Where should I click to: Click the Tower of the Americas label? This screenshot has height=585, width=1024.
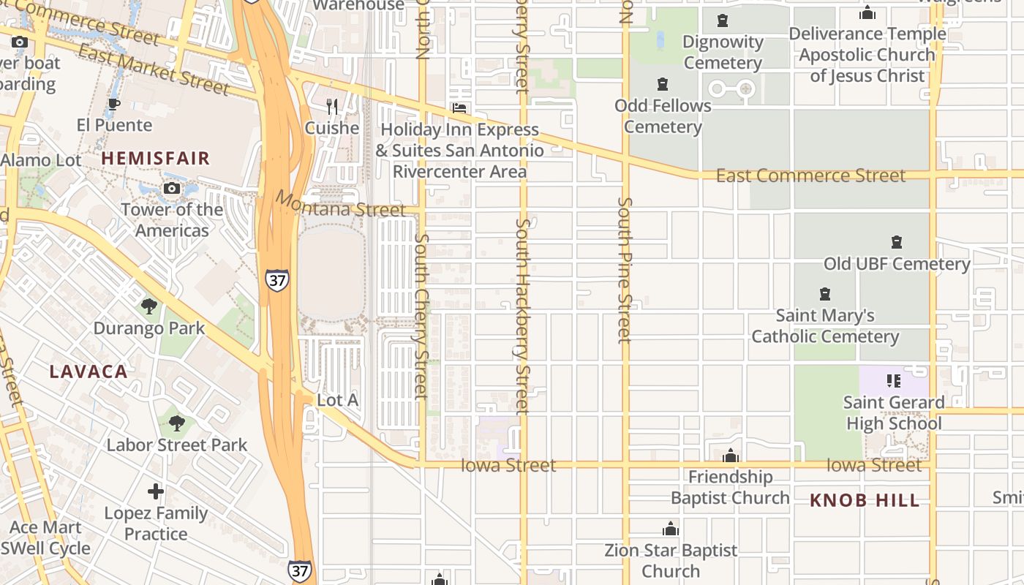(x=172, y=220)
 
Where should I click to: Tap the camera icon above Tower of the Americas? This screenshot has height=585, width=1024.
(x=172, y=189)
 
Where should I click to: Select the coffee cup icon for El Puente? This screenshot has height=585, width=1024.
(x=113, y=104)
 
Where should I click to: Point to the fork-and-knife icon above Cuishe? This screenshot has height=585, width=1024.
(x=332, y=107)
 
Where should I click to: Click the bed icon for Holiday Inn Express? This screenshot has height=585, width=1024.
(x=459, y=108)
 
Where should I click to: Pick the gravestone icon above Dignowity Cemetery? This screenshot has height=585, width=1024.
(x=723, y=20)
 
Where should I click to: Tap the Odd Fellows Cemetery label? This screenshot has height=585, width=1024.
(x=663, y=116)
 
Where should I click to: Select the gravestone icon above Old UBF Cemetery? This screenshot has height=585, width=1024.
(x=897, y=242)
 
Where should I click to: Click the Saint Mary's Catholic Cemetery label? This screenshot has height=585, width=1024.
(x=825, y=326)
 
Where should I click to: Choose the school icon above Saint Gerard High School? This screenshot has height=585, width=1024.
(x=893, y=380)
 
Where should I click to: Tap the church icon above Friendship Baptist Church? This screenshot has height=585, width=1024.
(x=730, y=456)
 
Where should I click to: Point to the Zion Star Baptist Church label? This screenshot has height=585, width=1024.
(x=671, y=560)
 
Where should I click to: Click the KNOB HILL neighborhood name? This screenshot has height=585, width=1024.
(x=865, y=501)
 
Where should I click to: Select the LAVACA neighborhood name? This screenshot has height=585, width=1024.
(x=89, y=371)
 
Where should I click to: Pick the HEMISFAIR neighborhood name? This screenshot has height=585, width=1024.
(x=155, y=158)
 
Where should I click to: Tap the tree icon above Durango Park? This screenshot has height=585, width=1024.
(x=149, y=306)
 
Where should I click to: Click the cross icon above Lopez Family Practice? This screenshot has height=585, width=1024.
(x=156, y=491)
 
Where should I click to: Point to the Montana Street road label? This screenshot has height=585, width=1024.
(x=340, y=205)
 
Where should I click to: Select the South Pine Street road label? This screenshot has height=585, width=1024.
(x=624, y=269)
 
